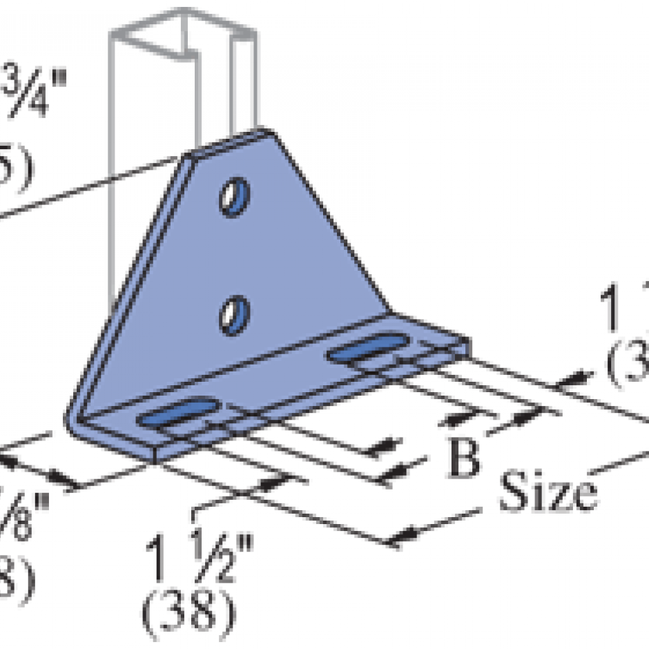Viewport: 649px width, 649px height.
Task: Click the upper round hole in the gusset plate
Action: point(235,197)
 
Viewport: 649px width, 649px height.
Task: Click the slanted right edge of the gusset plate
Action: point(331,221)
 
